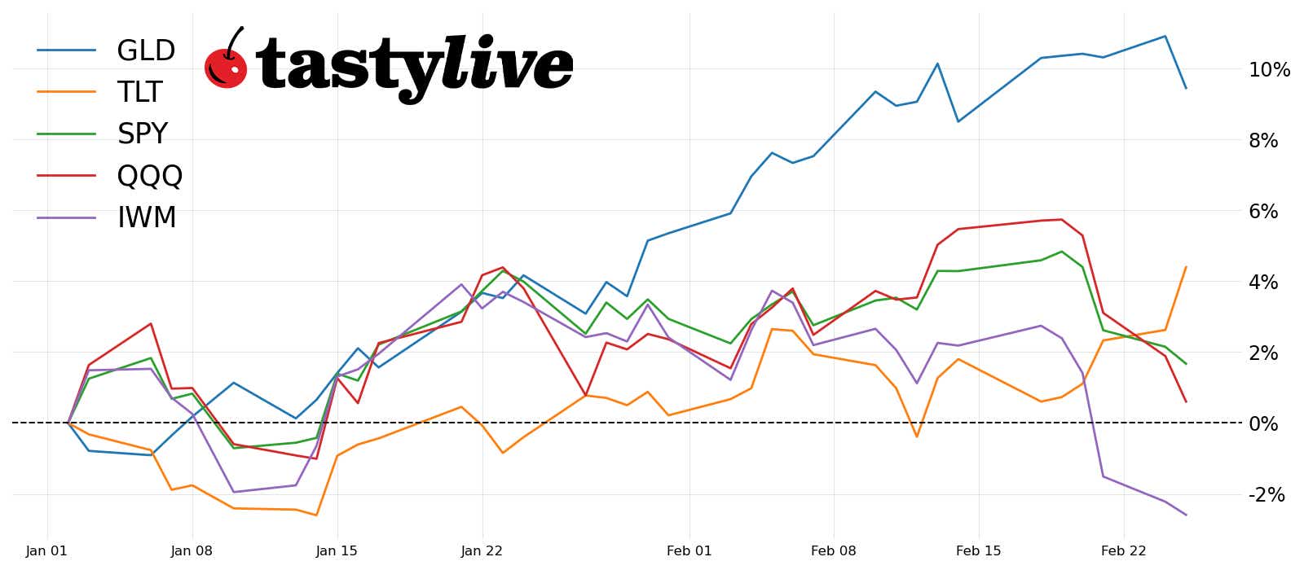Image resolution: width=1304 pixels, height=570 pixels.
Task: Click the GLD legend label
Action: coord(146,50)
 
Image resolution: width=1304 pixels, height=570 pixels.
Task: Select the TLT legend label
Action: coord(139,92)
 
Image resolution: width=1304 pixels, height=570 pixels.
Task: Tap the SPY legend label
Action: coord(142,134)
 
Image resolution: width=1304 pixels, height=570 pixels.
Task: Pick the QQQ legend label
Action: coord(149,176)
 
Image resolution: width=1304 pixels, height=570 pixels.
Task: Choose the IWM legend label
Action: coord(146,217)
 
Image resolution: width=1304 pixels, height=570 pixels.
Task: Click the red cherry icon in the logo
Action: coord(226,65)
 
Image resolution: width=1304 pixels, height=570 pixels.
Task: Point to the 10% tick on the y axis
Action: coord(1269,70)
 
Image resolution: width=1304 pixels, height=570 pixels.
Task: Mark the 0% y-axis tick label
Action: coord(1263,423)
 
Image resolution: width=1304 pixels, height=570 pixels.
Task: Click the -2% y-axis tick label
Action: coord(1267,494)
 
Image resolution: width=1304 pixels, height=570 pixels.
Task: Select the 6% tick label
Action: coord(1263,212)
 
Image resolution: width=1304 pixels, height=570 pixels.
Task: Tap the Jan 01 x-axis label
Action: coord(46,551)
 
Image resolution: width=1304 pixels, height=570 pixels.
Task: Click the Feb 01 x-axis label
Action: coord(689,551)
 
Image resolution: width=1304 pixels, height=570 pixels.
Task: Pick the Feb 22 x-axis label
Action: coord(1123,551)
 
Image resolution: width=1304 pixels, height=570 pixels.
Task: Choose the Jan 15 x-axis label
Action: coord(337,551)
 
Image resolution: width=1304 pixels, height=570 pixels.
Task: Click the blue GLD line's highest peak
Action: coord(1165,36)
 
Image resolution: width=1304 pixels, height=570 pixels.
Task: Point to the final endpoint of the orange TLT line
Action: coord(1186,267)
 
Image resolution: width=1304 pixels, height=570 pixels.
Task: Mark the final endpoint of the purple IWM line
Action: coord(1186,515)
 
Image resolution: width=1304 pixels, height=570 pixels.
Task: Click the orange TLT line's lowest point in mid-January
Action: coord(316,515)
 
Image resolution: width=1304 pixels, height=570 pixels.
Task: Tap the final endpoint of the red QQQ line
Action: coord(1186,401)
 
